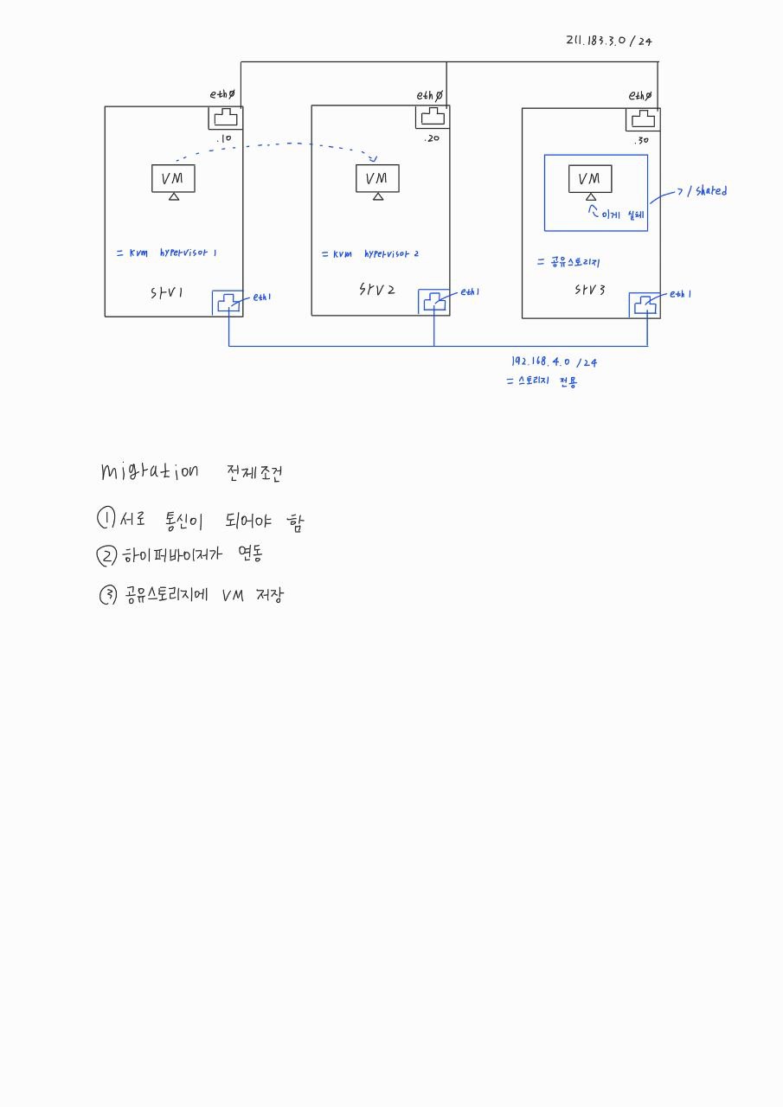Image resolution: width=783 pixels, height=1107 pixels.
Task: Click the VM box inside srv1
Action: click(x=173, y=178)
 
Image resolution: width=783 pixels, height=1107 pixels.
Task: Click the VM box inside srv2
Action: click(x=377, y=178)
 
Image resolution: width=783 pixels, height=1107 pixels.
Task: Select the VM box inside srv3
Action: click(x=590, y=179)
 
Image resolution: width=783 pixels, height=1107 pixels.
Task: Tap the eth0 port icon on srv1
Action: click(x=225, y=118)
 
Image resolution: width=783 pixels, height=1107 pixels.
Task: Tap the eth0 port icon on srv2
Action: click(x=433, y=117)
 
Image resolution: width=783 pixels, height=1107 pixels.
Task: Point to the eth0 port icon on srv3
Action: click(x=643, y=118)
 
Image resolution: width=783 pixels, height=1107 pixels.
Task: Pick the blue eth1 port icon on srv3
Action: click(x=645, y=305)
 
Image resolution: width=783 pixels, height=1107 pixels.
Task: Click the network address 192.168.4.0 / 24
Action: click(x=554, y=362)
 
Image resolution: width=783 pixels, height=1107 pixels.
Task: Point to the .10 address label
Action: click(x=224, y=139)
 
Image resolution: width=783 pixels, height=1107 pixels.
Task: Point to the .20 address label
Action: click(x=432, y=139)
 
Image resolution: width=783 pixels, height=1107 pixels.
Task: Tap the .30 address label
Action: click(x=640, y=141)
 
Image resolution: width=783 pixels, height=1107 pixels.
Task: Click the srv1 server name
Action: click(x=167, y=293)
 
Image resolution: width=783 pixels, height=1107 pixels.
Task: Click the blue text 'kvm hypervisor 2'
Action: click(x=369, y=254)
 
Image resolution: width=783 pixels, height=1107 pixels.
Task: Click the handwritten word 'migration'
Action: click(x=149, y=471)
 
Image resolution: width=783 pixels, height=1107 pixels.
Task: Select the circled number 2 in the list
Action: click(x=106, y=555)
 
